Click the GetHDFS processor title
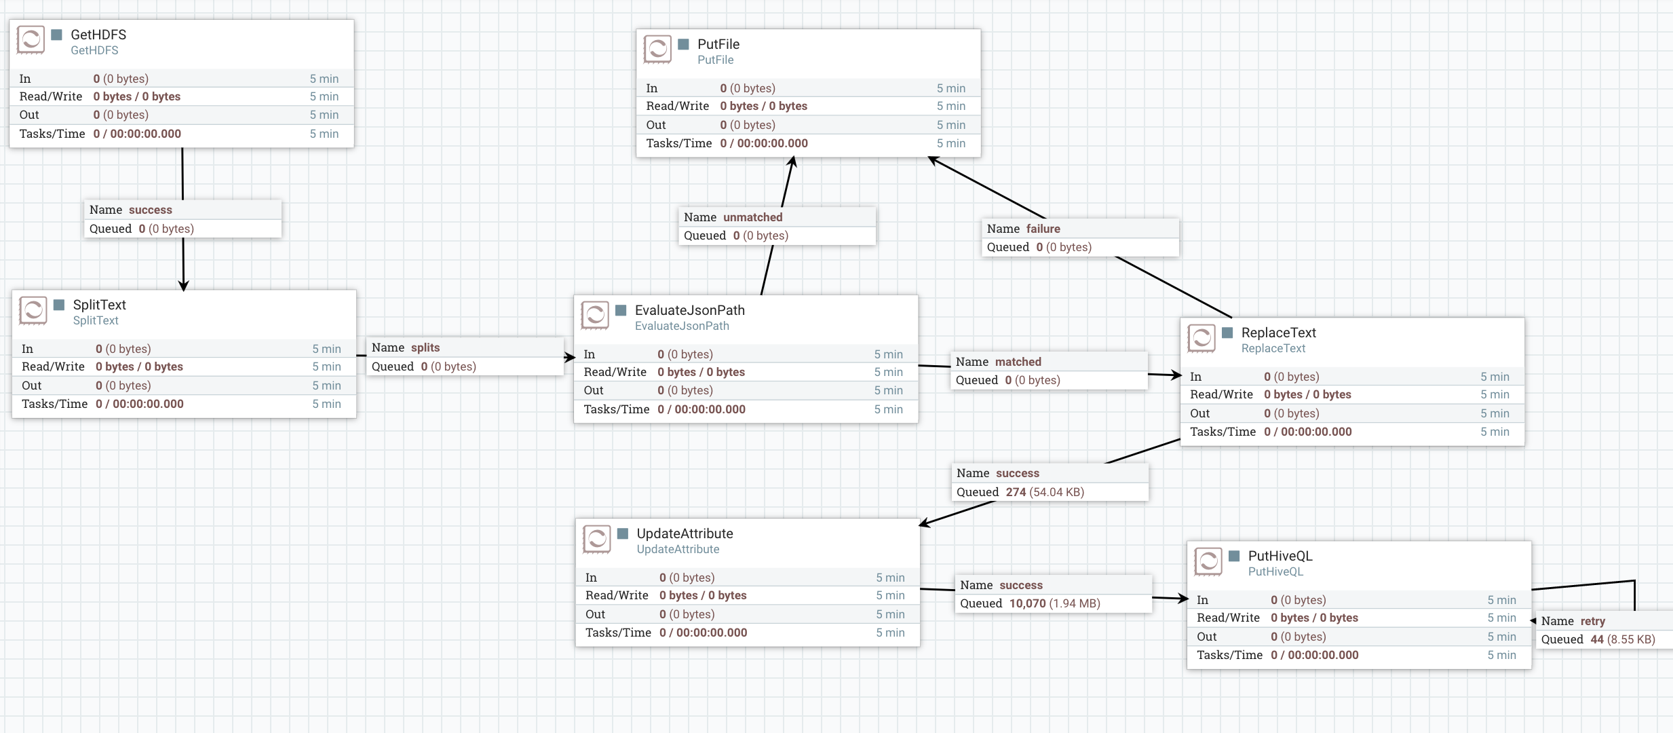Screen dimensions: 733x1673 (x=98, y=35)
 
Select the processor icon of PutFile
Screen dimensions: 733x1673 (x=657, y=50)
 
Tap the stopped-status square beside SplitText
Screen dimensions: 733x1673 (x=59, y=305)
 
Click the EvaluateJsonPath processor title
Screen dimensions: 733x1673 (x=689, y=310)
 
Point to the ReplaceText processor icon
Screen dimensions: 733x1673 (x=1201, y=338)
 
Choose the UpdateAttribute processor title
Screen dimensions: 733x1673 (x=685, y=533)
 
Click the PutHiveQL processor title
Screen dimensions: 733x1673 (x=1280, y=556)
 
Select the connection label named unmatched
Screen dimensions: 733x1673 (x=752, y=217)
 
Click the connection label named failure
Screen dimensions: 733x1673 (x=1043, y=229)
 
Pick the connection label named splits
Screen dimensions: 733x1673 (x=425, y=347)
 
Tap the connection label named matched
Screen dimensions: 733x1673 (x=1018, y=362)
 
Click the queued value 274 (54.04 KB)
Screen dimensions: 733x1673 (x=1045, y=492)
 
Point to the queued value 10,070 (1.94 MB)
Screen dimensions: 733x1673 (x=1054, y=603)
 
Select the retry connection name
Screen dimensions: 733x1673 (x=1592, y=621)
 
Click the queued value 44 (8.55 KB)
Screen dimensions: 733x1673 (x=1622, y=639)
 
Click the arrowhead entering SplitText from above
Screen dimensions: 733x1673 (x=183, y=286)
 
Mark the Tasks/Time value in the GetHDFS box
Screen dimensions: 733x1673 (x=137, y=134)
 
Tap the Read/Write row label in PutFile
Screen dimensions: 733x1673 (x=677, y=106)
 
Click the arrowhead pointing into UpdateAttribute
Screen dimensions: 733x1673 (x=925, y=523)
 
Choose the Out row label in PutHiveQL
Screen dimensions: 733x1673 (x=1206, y=637)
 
